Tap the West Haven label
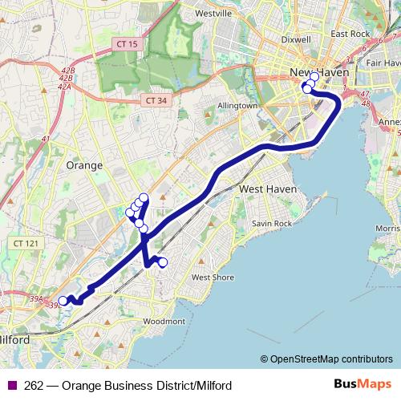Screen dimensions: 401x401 [269, 188]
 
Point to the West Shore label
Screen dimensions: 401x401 [213, 277]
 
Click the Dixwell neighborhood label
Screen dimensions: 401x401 [297, 38]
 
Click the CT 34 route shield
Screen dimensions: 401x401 [156, 100]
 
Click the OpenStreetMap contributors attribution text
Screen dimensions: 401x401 [331, 359]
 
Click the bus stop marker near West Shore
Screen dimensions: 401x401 [163, 262]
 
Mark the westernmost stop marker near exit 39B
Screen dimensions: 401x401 [63, 302]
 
